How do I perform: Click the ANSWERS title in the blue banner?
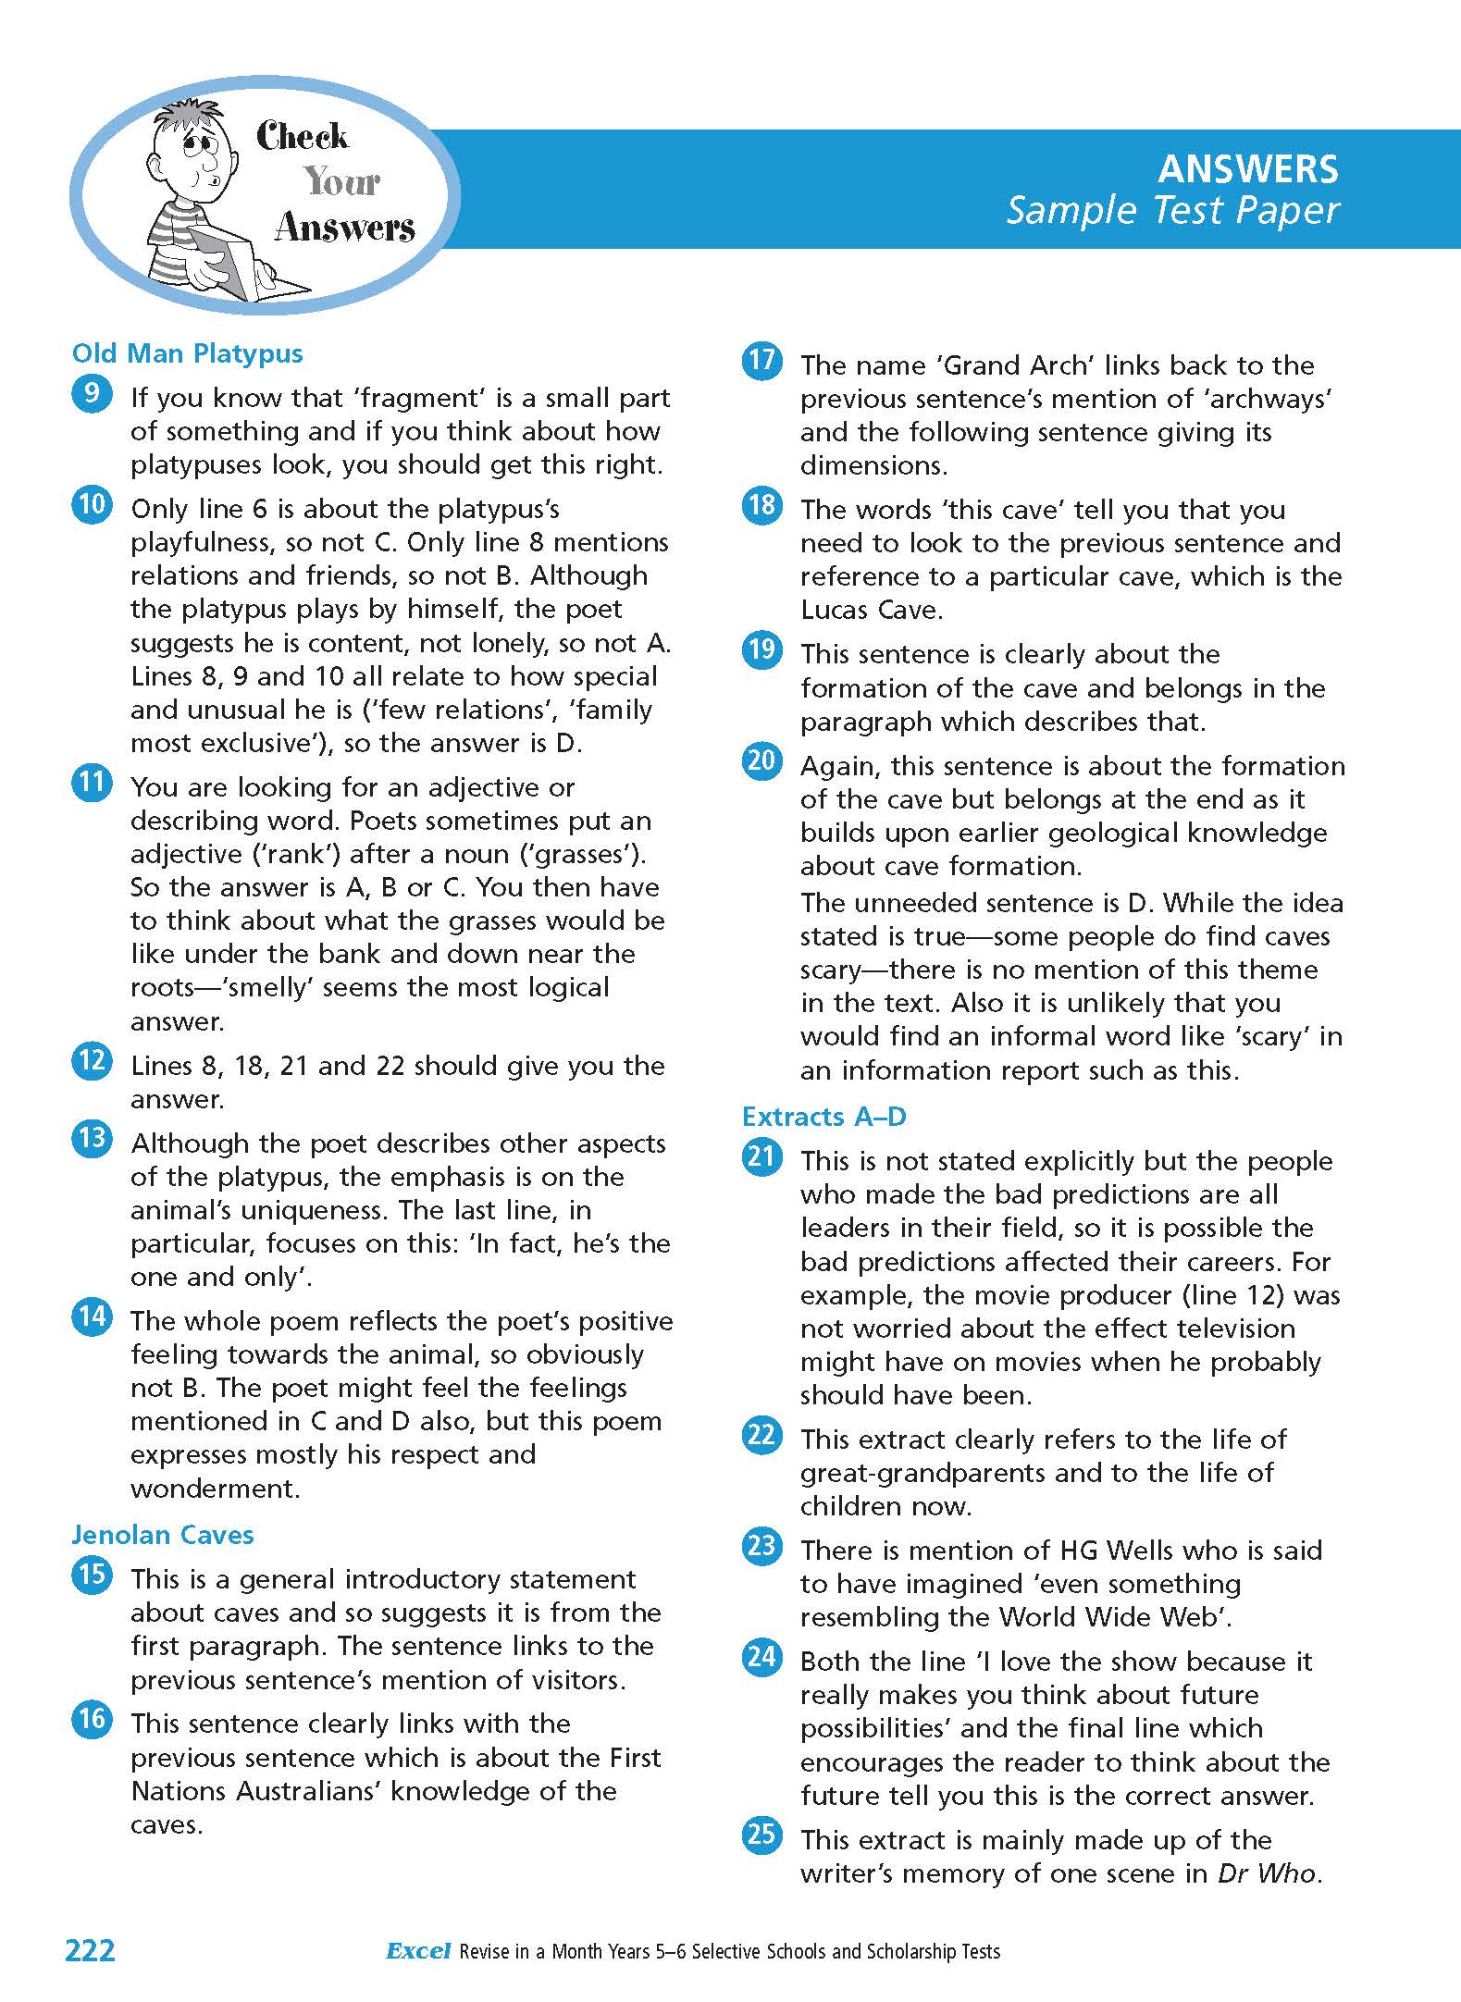[1247, 168]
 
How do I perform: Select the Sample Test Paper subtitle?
[1172, 211]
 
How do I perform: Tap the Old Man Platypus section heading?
[187, 353]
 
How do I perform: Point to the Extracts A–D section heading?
[823, 1117]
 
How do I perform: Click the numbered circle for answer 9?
[92, 393]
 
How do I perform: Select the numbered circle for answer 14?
[92, 1316]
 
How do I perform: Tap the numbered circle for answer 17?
[761, 361]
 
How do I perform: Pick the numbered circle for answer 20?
[761, 761]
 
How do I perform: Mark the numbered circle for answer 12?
[92, 1061]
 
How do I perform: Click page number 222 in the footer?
[90, 1951]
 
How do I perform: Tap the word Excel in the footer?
[418, 1952]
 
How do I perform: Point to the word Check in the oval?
[303, 137]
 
